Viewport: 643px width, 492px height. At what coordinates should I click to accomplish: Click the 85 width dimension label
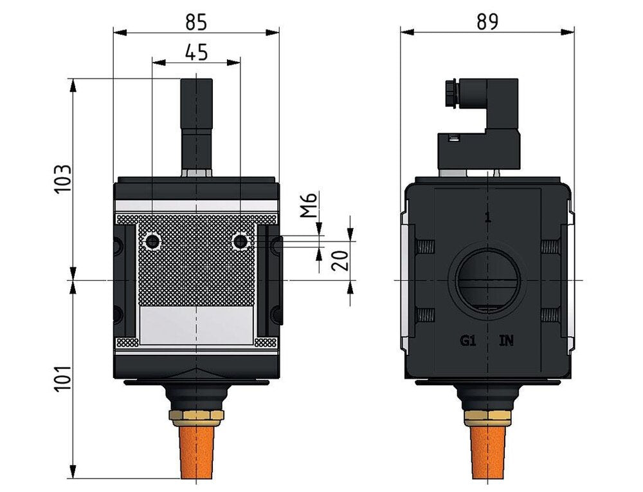pyautogui.click(x=196, y=22)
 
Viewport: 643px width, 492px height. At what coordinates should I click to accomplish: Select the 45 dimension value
pyautogui.click(x=196, y=52)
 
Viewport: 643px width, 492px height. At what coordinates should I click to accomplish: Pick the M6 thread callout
pyautogui.click(x=309, y=205)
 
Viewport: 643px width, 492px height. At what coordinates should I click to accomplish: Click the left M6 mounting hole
pyautogui.click(x=152, y=241)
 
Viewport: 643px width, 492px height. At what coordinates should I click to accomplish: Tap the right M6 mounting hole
pyautogui.click(x=240, y=241)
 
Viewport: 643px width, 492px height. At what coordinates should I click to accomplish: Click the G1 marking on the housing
pyautogui.click(x=467, y=341)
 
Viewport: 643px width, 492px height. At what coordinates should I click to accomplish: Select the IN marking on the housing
pyautogui.click(x=507, y=341)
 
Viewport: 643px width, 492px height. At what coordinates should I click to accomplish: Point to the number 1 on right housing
pyautogui.click(x=487, y=218)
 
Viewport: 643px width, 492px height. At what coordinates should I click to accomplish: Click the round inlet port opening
pyautogui.click(x=487, y=280)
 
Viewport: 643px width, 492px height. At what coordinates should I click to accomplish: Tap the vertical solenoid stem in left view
pyautogui.click(x=195, y=122)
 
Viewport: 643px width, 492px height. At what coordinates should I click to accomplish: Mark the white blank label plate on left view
pyautogui.click(x=195, y=325)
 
